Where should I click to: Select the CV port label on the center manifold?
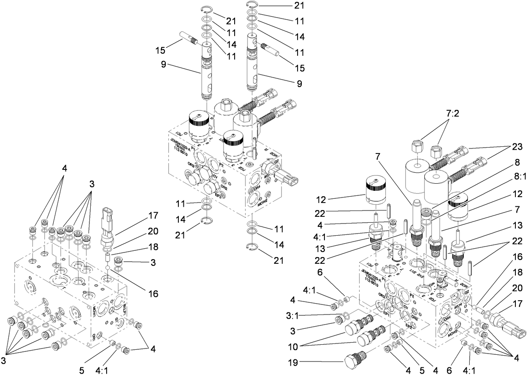point(215,177)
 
